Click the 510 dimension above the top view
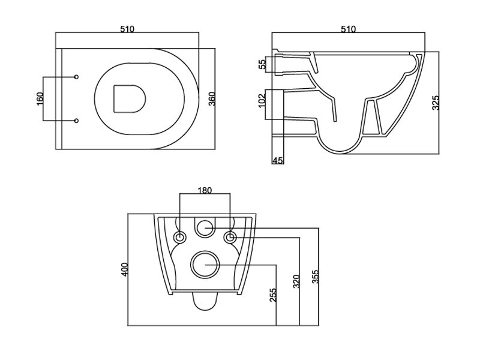coord(127,29)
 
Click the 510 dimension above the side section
coord(349,29)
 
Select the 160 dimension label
coord(40,98)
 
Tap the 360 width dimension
coord(212,98)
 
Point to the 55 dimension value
coord(262,65)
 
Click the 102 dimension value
coord(262,101)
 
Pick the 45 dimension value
coord(277,160)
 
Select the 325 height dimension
coord(436,103)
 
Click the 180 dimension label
coord(205,190)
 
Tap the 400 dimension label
coord(125,269)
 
